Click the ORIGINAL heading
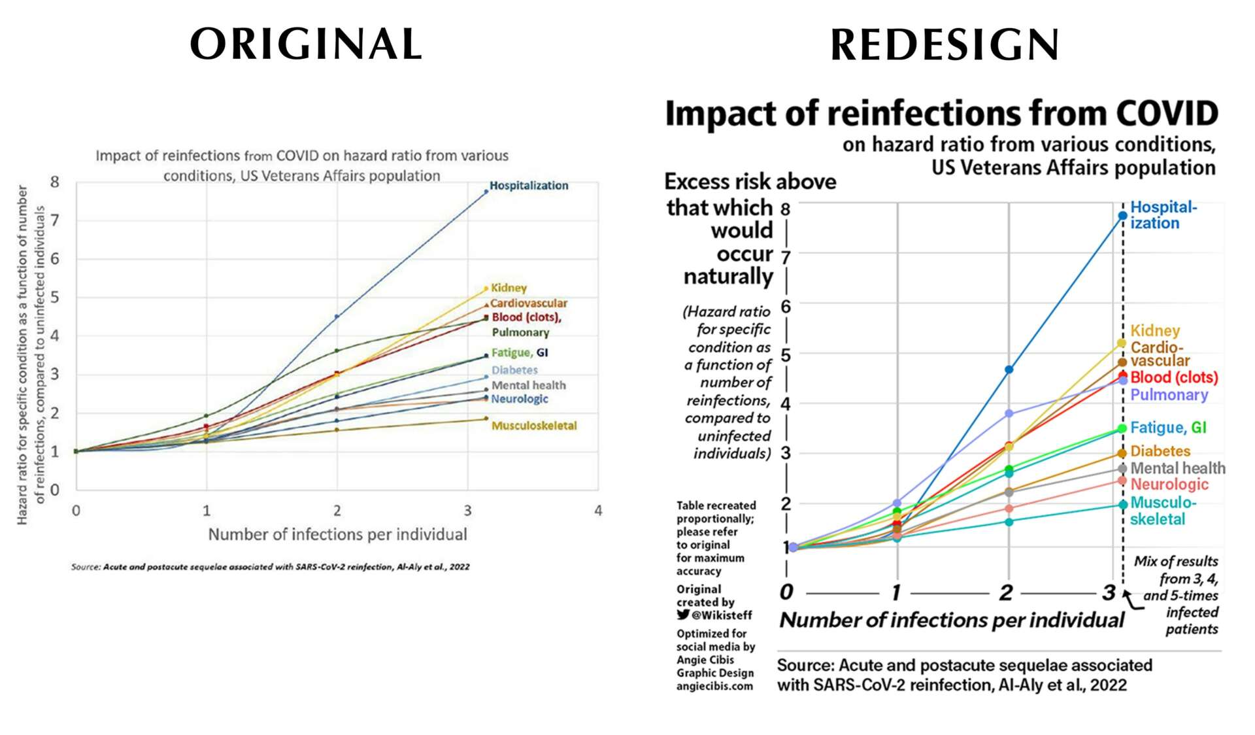click(x=306, y=44)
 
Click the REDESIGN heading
click(x=945, y=45)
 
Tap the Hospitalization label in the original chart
click(x=529, y=186)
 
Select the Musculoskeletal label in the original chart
click(x=534, y=426)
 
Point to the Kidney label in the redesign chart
click(x=1155, y=331)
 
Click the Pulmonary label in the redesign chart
click(x=1169, y=395)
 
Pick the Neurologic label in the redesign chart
click(x=1169, y=485)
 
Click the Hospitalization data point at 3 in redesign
click(x=1122, y=216)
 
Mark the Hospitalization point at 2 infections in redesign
click(x=1009, y=370)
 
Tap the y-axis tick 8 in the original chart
click(x=55, y=182)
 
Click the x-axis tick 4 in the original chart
click(x=597, y=511)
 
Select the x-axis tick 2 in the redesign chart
click(x=1006, y=592)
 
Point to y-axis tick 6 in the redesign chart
click(x=786, y=306)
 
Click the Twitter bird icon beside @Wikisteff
click(x=683, y=615)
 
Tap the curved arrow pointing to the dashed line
click(x=1132, y=600)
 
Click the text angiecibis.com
click(x=714, y=687)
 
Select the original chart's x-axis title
click(x=337, y=535)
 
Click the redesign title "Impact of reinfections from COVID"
click(x=941, y=113)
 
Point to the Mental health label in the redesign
click(x=1178, y=468)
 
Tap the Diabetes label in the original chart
click(x=514, y=370)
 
